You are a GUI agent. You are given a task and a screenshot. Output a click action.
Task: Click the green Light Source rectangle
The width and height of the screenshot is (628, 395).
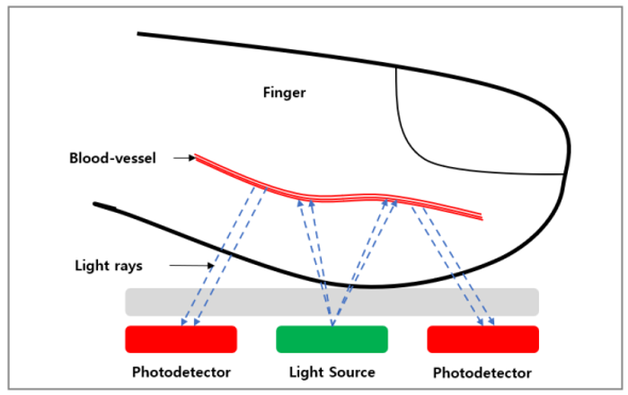tap(332, 339)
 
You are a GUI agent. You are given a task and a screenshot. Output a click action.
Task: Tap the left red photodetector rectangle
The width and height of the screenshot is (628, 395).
tap(181, 339)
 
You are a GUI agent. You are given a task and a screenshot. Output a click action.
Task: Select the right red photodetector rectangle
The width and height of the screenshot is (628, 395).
tap(482, 339)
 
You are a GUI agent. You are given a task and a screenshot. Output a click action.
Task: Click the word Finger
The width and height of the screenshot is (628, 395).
tap(285, 92)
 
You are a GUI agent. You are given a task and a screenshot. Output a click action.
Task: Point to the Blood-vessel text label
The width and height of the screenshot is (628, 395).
tap(113, 159)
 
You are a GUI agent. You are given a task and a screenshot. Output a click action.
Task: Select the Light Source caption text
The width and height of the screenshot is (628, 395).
tap(332, 372)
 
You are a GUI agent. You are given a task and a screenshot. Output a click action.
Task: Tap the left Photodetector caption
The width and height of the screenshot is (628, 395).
tap(181, 372)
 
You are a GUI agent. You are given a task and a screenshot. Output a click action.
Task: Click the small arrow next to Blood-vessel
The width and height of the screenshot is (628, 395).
tap(184, 159)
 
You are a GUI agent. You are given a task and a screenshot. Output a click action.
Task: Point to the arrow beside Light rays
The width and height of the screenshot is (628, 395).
tap(191, 266)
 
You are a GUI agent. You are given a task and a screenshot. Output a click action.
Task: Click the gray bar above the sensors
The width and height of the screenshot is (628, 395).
tap(332, 302)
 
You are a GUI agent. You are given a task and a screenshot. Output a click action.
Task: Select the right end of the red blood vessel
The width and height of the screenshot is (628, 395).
tap(481, 216)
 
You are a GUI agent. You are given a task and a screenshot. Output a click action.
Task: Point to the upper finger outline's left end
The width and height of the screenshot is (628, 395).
tap(140, 34)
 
